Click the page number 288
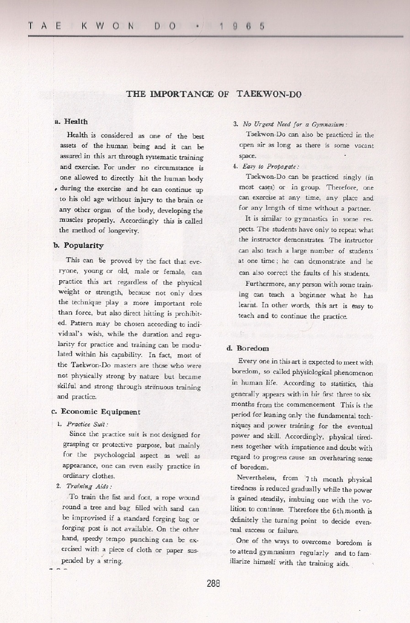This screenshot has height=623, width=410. pyautogui.click(x=213, y=583)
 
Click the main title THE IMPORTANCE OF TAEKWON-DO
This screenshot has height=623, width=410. pyautogui.click(x=214, y=95)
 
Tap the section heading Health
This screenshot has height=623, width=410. pyautogui.click(x=75, y=122)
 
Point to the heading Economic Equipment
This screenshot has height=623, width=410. pyautogui.click(x=100, y=412)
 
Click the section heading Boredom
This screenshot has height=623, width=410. pyautogui.click(x=253, y=348)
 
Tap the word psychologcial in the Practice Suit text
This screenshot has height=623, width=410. pyautogui.click(x=126, y=455)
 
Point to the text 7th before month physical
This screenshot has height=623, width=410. pyautogui.click(x=311, y=479)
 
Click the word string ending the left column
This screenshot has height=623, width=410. pyautogui.click(x=113, y=561)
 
